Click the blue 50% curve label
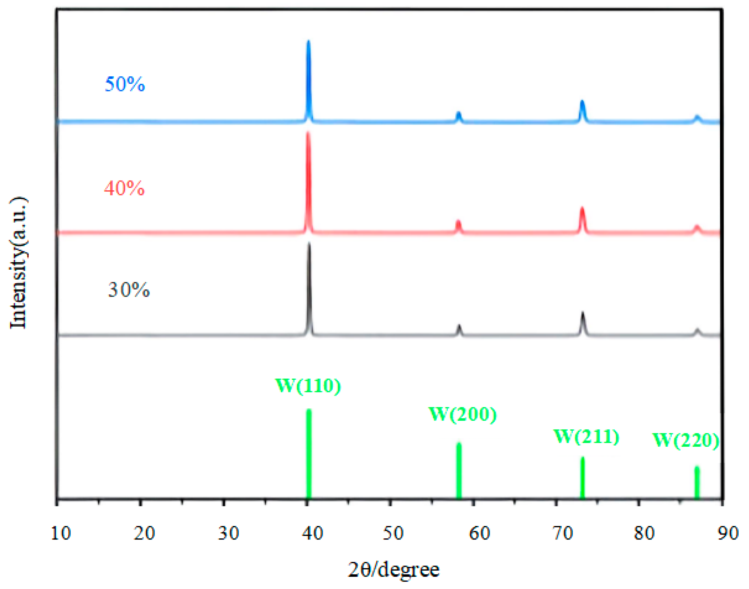[x=125, y=84]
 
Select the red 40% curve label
[x=124, y=188]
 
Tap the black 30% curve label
[x=129, y=289]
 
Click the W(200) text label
[x=462, y=414]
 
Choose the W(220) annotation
[x=685, y=440]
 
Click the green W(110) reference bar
[x=309, y=455]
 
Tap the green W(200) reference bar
[x=459, y=471]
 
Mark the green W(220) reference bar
[x=697, y=483]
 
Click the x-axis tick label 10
[x=61, y=533]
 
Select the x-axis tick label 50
[x=393, y=533]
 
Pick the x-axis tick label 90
[x=728, y=533]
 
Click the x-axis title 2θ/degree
[x=393, y=570]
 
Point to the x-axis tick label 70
[x=563, y=533]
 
